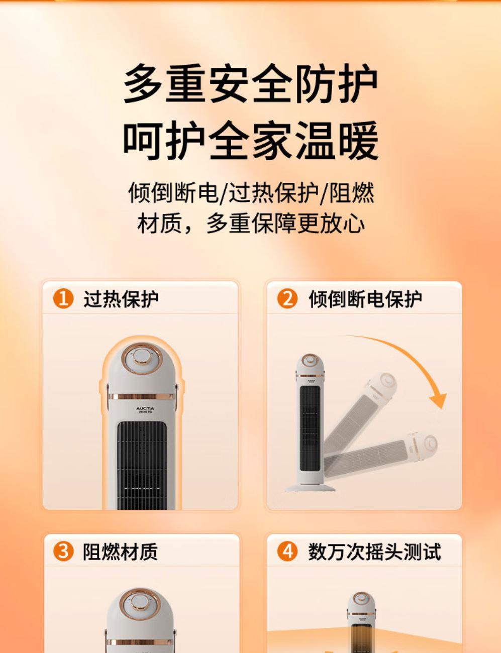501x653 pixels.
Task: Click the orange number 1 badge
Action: point(63,299)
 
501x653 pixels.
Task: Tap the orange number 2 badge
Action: point(287,299)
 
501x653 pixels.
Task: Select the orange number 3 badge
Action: point(63,552)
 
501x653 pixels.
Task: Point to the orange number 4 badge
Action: point(287,552)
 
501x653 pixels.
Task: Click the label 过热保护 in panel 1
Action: point(121,299)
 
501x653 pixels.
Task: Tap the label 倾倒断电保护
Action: point(365,299)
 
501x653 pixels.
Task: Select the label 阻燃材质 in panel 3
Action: point(120,552)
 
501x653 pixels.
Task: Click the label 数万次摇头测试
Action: point(374,552)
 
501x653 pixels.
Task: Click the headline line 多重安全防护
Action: point(251,83)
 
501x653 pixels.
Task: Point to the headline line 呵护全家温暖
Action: point(251,140)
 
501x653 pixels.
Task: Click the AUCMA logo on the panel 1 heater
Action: point(145,409)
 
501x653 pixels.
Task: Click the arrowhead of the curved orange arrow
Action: point(439,400)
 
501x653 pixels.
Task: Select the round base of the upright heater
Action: point(310,487)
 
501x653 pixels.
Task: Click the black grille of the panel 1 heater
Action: point(142,466)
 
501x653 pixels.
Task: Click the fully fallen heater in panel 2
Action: point(381,455)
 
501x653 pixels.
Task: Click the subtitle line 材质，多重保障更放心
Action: point(251,224)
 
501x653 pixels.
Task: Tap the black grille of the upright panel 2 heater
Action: point(310,428)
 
